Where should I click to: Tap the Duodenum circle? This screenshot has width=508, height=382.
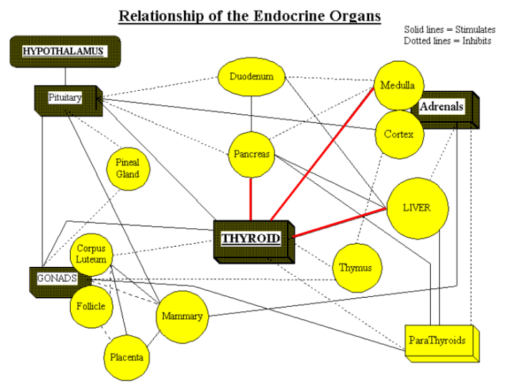point(251,77)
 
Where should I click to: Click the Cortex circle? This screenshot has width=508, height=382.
point(398,134)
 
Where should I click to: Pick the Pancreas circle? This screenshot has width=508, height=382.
point(251,155)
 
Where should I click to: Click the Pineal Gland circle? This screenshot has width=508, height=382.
point(127,169)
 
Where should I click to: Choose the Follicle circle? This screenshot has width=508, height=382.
point(91,306)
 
